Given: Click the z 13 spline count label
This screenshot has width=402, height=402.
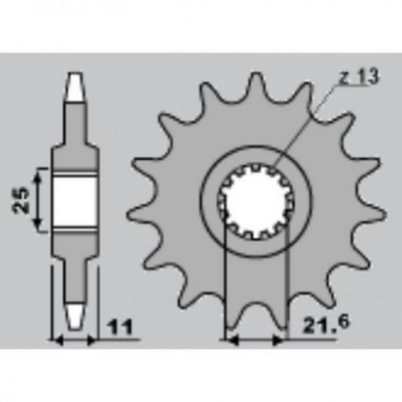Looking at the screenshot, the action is (x=359, y=76).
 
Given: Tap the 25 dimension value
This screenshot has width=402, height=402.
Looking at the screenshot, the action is (x=21, y=200).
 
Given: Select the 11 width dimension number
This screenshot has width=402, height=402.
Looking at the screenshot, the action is (x=120, y=327).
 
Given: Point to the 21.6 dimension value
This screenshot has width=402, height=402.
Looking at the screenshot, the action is (x=326, y=325).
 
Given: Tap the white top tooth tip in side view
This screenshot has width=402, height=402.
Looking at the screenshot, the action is (x=75, y=87).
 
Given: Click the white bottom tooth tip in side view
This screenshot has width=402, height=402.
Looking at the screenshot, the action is (x=75, y=317).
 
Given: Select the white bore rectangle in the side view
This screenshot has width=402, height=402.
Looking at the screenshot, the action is (x=75, y=201).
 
